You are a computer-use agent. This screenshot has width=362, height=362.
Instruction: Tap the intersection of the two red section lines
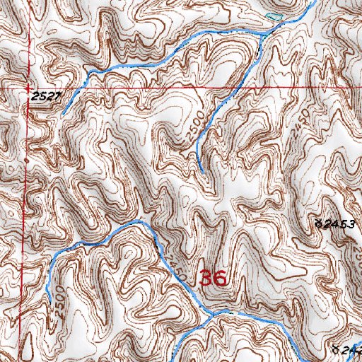pos(28,88)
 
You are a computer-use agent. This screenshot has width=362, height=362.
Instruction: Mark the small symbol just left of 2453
pos(319,223)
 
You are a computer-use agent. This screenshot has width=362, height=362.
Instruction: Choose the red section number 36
pos(213,278)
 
